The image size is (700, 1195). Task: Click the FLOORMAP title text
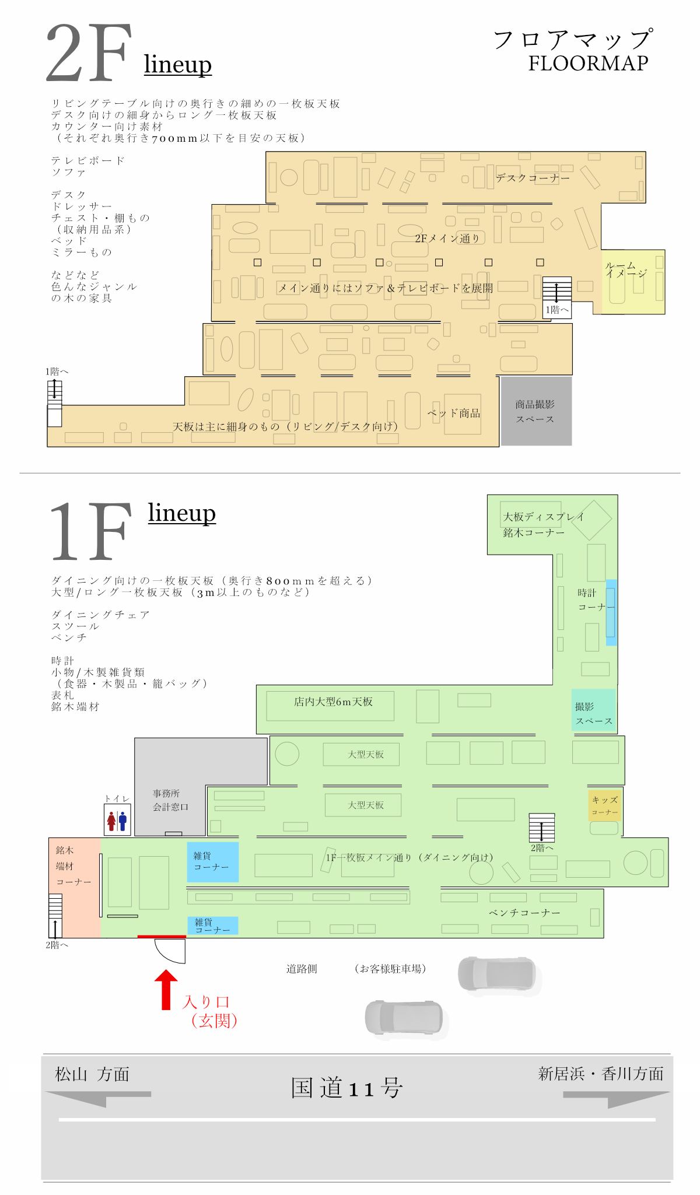click(x=588, y=63)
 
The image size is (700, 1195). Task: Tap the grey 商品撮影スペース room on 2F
click(x=536, y=411)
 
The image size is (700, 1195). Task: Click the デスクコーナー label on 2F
click(x=533, y=178)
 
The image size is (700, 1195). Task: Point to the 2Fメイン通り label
click(x=447, y=238)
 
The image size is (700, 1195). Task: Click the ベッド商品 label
click(x=454, y=413)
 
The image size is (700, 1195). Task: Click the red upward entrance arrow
click(x=166, y=989)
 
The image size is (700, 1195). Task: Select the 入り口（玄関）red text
click(x=210, y=1011)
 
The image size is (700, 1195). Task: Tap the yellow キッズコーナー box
click(x=604, y=805)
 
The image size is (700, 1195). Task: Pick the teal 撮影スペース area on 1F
click(x=593, y=710)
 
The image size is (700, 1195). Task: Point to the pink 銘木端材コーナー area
click(x=73, y=867)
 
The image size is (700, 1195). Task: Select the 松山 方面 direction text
click(x=92, y=1074)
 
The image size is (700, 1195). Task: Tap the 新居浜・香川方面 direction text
click(x=600, y=1074)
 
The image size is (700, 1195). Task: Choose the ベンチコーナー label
click(x=524, y=913)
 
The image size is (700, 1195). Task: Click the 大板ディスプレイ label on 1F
click(x=543, y=517)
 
